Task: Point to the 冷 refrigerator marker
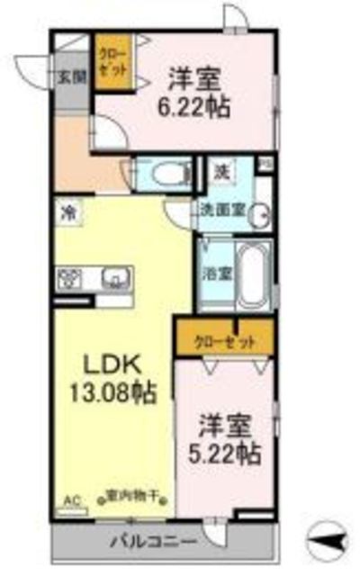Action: coord(67,213)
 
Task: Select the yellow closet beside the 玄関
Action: coord(112,61)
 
